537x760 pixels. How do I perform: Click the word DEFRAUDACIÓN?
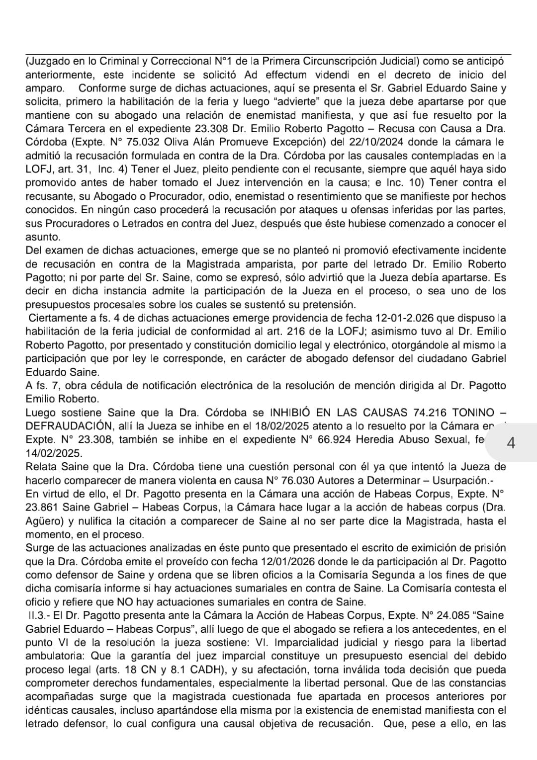tap(67, 426)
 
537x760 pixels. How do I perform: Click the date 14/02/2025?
tap(54, 453)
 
